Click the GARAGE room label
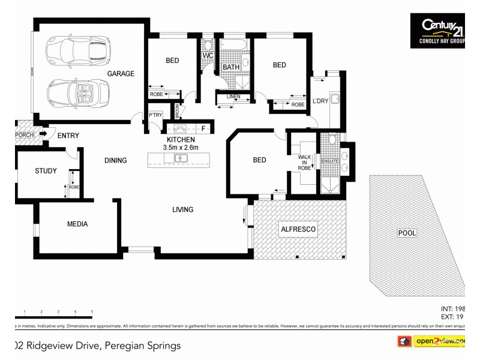coord(121,74)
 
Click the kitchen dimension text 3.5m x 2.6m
coord(181,147)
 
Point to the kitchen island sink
coord(181,158)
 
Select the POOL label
coord(407,233)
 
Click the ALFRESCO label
coord(298,229)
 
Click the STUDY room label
coord(46,171)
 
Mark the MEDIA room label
coord(77,224)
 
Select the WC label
coord(208,56)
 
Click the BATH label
coord(231,67)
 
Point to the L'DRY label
coord(320,101)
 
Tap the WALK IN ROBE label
coord(305,162)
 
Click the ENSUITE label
coord(330,161)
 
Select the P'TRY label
coord(155,115)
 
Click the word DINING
coord(115,160)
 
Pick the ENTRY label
coord(68,136)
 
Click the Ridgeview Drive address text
coord(96,346)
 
